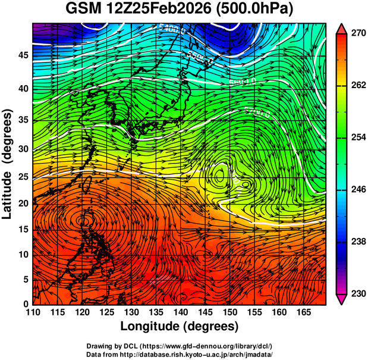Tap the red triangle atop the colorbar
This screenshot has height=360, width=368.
[x=342, y=28]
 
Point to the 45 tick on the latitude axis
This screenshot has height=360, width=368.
[x=22, y=55]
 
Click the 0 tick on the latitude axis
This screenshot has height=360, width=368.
[x=25, y=304]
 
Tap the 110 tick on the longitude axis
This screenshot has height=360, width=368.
[x=33, y=312]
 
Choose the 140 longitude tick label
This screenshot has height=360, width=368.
[x=180, y=312]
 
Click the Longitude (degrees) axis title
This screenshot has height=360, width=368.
[x=180, y=326]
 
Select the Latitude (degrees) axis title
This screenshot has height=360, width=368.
[x=8, y=164]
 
